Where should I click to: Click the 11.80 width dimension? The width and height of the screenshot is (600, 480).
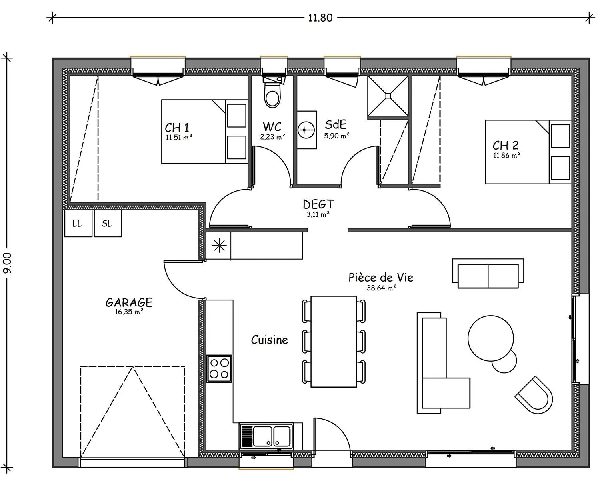[x=320, y=18]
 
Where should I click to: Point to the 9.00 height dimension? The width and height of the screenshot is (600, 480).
[x=8, y=263]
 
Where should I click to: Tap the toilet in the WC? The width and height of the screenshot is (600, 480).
[x=272, y=92]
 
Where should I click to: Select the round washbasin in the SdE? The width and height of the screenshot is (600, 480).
[x=306, y=130]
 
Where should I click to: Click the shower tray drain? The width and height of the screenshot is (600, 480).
[x=388, y=96]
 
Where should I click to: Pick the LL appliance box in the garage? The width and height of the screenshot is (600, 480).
[x=78, y=223]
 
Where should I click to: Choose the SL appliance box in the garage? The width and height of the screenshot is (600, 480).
[x=108, y=223]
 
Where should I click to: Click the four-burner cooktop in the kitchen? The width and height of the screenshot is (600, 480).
[x=219, y=368]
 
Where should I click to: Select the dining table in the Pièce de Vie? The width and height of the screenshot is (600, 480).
[x=334, y=341]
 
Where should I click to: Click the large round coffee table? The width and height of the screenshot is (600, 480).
[x=490, y=338]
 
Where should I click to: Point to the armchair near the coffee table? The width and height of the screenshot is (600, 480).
[x=534, y=395]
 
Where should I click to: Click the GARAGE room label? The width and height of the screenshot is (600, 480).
[x=129, y=302]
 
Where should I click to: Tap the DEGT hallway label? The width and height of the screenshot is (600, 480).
[x=318, y=204]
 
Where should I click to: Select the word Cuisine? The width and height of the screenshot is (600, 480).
[x=269, y=340]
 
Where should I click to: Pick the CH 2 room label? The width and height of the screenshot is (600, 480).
[x=506, y=145]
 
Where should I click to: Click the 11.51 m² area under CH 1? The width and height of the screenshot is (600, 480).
[x=179, y=138]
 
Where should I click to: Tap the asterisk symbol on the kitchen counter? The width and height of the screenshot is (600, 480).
[x=219, y=246]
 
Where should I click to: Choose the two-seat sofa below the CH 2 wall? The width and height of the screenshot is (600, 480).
[x=488, y=273]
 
